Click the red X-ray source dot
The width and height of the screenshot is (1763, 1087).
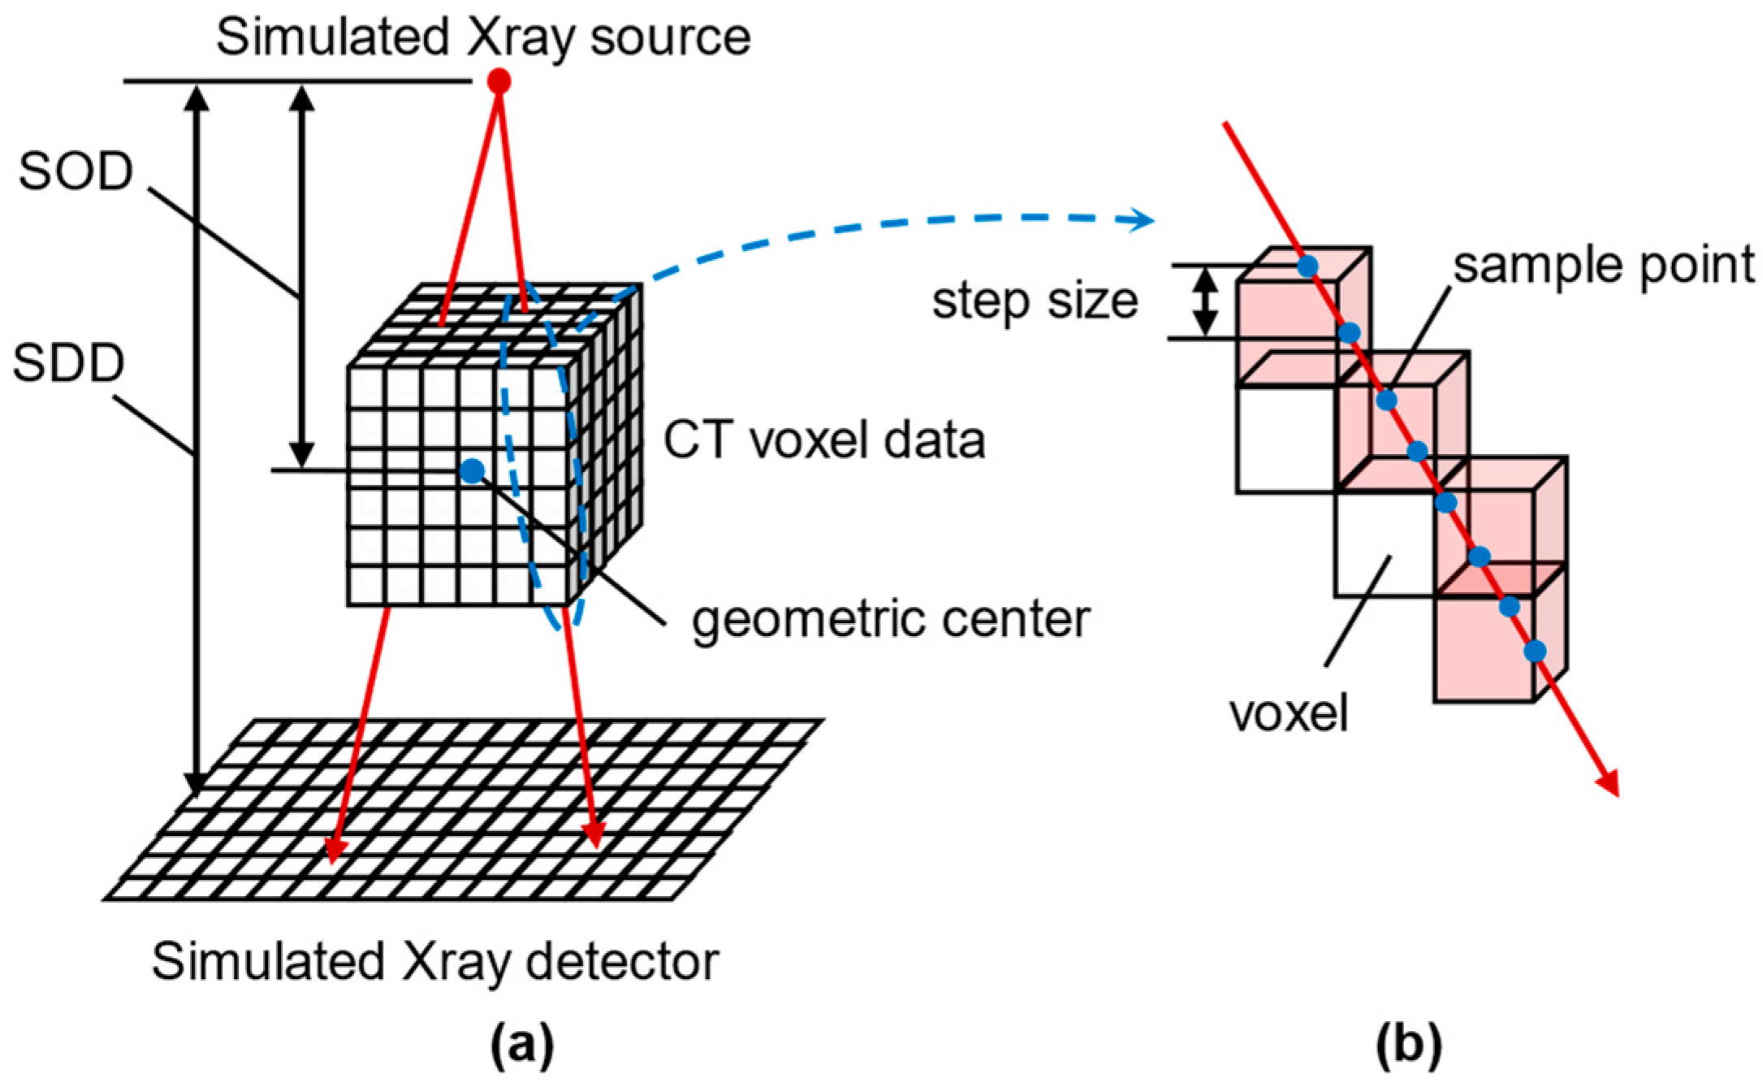tap(499, 81)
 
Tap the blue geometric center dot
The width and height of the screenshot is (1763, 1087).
tap(472, 470)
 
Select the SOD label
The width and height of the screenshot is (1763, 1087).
tap(76, 171)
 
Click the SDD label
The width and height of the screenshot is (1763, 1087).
tap(69, 363)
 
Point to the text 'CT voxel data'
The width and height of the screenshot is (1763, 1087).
tap(824, 440)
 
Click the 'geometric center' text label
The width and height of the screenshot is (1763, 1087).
tap(890, 619)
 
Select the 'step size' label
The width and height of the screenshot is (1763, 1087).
tap(1035, 301)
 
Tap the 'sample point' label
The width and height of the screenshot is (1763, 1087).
tap(1603, 265)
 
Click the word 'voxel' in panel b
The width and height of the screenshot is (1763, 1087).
tap(1289, 714)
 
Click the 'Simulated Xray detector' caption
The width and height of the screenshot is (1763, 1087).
tap(435, 962)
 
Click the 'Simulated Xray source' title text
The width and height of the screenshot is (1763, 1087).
tap(483, 37)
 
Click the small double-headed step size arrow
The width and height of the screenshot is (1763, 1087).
tap(1206, 302)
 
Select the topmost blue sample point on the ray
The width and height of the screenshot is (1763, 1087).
tap(1307, 266)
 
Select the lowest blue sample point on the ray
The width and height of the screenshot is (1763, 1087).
tap(1535, 651)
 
